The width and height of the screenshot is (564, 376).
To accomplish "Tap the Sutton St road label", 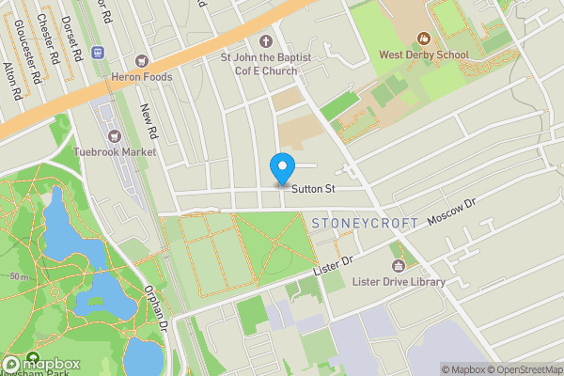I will [x=313, y=190].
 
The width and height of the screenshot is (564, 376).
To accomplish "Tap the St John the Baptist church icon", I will [x=265, y=41].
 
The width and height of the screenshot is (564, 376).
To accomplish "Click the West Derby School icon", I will [x=423, y=39].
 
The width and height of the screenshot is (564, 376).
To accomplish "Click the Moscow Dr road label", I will [x=453, y=217].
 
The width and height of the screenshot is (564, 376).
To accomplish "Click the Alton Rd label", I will [x=11, y=81].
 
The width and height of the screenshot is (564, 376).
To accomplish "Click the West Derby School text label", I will [x=423, y=55].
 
